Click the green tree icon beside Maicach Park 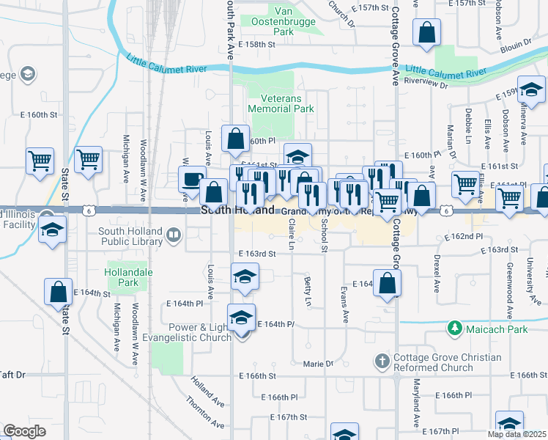point(455,329)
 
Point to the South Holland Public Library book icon point(174,235)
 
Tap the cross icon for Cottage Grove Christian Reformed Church point(381,360)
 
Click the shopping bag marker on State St point(59,291)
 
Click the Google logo point(25,431)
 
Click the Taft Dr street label point(12,374)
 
